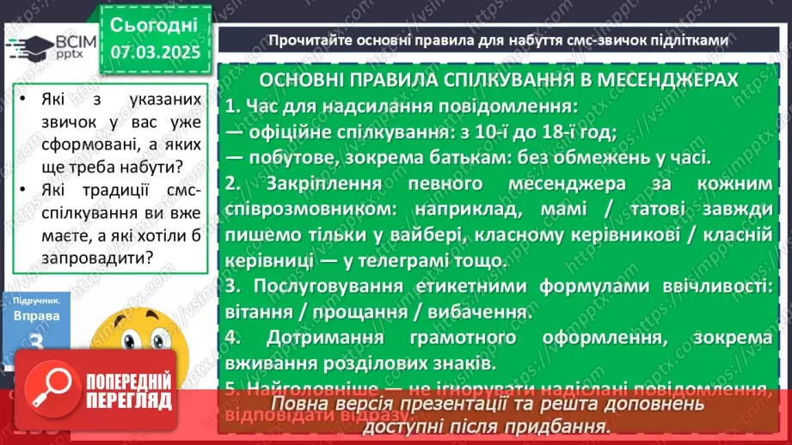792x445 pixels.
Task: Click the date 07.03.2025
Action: point(155,52)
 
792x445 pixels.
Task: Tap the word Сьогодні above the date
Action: point(155,23)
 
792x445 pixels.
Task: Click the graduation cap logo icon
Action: point(30,46)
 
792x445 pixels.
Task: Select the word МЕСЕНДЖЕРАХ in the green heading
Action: point(662,80)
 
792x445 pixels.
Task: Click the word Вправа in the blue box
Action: point(36,316)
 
